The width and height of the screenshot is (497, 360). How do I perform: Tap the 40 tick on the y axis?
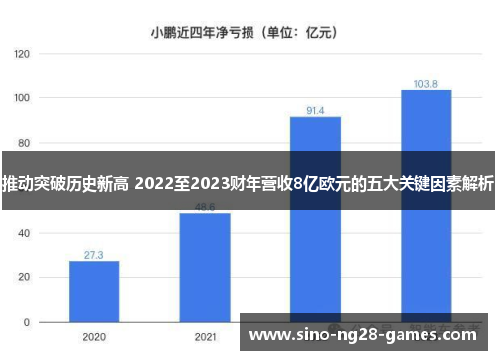(22, 234)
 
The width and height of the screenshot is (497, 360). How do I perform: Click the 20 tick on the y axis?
(22, 278)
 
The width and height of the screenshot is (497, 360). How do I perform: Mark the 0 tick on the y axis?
(24, 323)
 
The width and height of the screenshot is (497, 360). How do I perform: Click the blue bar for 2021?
(205, 268)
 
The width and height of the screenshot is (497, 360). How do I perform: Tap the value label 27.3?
(93, 255)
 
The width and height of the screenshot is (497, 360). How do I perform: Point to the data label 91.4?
(315, 110)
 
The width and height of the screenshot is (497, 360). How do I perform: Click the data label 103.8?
(426, 84)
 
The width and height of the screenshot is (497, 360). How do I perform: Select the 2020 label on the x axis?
(93, 337)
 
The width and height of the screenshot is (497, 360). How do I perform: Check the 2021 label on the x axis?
(205, 337)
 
